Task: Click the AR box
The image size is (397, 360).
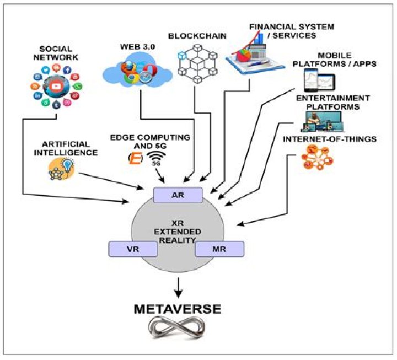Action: pos(178,195)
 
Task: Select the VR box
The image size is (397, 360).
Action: pos(132,249)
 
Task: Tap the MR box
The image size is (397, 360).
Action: pos(219,249)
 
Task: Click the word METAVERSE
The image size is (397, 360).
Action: pos(177,309)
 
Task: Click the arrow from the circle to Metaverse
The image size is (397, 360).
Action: pos(177,285)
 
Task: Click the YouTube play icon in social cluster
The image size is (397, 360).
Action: pos(56,87)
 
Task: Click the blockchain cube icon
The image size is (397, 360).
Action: pos(197,63)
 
